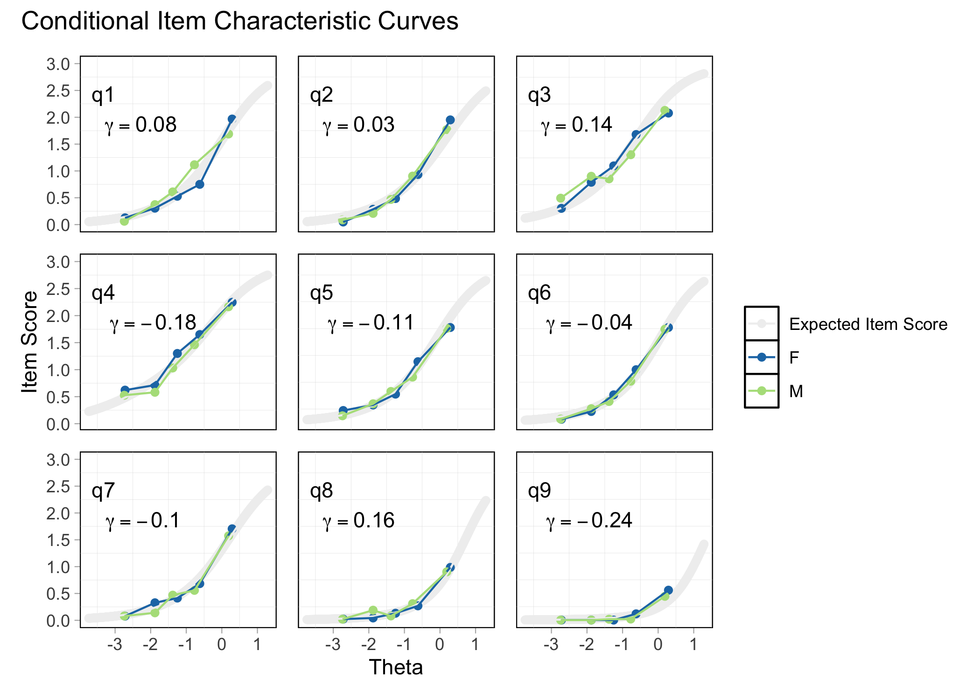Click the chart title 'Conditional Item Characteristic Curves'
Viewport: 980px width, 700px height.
[240, 21]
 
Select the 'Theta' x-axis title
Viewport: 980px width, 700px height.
[396, 667]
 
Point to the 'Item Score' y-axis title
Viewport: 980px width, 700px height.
[30, 342]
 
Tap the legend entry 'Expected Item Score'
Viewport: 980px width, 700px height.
[868, 324]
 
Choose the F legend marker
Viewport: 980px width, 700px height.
[762, 357]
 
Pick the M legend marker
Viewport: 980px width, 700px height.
[762, 391]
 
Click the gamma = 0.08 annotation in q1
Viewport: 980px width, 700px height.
[141, 125]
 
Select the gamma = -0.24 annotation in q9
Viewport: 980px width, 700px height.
[589, 521]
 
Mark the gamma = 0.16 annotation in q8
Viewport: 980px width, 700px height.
[359, 521]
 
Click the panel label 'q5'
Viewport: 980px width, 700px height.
[322, 293]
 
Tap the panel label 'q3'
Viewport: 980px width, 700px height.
[539, 95]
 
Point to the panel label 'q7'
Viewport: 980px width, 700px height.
[103, 491]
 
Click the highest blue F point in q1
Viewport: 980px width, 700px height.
[232, 119]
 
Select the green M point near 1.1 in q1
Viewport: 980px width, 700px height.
[195, 165]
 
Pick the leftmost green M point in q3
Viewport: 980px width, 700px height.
[561, 198]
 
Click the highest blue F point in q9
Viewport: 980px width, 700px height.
[668, 590]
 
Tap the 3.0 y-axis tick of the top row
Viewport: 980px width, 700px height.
[58, 64]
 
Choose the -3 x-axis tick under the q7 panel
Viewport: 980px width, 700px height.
[115, 645]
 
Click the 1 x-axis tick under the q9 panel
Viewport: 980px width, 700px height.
[693, 645]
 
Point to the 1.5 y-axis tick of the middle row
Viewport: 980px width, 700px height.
[58, 343]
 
